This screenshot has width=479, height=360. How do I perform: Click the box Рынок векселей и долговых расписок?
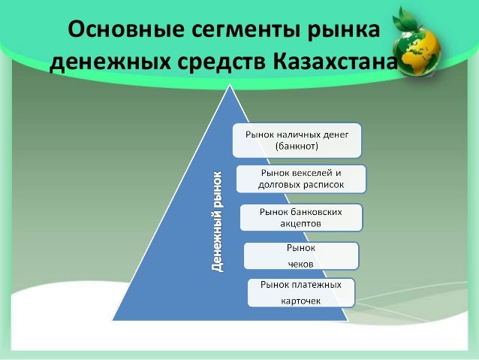click(x=300, y=178)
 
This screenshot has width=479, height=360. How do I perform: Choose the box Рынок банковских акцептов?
click(x=300, y=217)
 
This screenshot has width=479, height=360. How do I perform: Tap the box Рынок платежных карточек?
click(x=301, y=293)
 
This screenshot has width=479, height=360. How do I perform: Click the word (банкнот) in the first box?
click(x=297, y=145)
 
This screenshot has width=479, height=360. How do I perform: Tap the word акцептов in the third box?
click(x=300, y=224)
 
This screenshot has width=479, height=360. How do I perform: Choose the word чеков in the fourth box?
click(x=301, y=263)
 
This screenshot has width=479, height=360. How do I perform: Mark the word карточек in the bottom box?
click(x=301, y=301)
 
